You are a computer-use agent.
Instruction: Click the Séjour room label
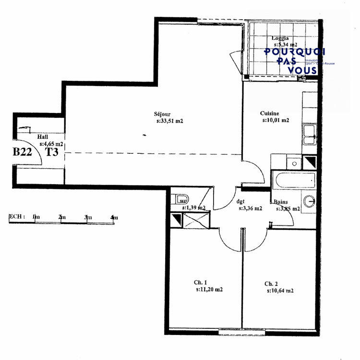pyautogui.click(x=162, y=114)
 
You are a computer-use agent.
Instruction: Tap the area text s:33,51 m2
pyautogui.click(x=170, y=121)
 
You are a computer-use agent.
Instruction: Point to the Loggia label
pyautogui.click(x=281, y=38)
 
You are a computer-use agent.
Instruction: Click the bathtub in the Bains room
pyautogui.click(x=293, y=181)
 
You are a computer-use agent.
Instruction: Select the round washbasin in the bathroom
pyautogui.click(x=309, y=201)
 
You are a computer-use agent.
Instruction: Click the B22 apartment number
pyautogui.click(x=22, y=152)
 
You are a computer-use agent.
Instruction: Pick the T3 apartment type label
pyautogui.click(x=52, y=152)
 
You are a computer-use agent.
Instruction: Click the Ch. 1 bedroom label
pyautogui.click(x=200, y=283)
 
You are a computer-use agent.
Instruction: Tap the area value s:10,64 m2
pyautogui.click(x=280, y=291)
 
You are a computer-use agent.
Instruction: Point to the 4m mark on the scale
pyautogui.click(x=114, y=218)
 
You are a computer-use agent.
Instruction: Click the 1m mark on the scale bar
pyautogui.click(x=36, y=218)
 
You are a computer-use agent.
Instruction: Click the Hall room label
pyautogui.click(x=43, y=137)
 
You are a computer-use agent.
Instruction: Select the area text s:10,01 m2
pyautogui.click(x=276, y=120)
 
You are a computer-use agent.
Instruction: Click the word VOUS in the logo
pyautogui.click(x=302, y=70)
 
